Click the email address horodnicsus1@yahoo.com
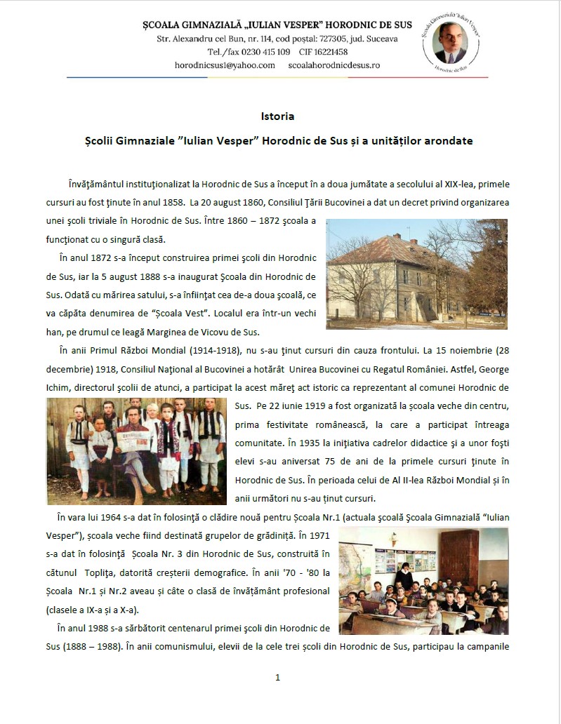(x=225, y=65)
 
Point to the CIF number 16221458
(x=328, y=51)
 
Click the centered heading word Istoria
(x=277, y=116)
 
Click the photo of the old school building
(x=416, y=274)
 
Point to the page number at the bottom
(x=278, y=677)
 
